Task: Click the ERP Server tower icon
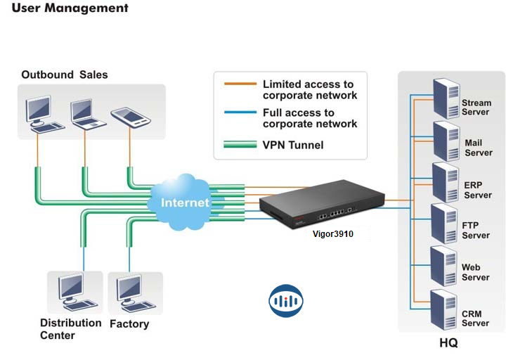click(444, 181)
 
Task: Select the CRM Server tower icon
click(444, 309)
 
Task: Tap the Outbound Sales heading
click(65, 75)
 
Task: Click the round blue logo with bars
click(286, 300)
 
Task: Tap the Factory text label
click(129, 324)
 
